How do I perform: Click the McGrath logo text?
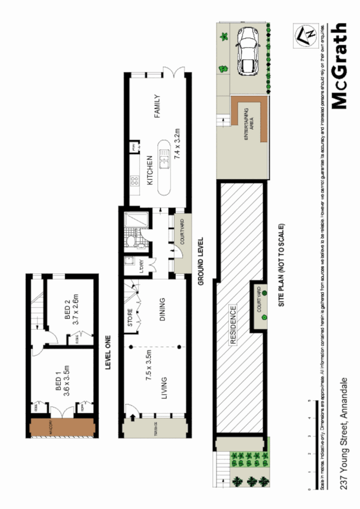(x=339, y=66)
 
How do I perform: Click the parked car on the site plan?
(x=248, y=50)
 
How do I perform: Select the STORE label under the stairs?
(x=130, y=318)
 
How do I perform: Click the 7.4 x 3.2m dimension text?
(x=178, y=145)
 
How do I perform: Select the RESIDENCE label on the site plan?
(x=233, y=325)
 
